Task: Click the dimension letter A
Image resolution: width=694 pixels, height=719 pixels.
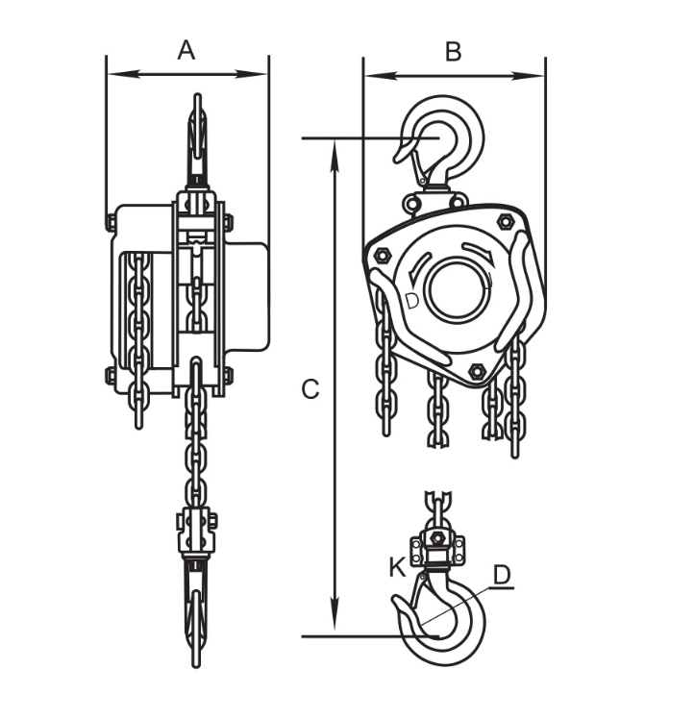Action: pos(186,50)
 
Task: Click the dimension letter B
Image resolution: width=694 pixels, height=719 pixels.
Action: pos(453,52)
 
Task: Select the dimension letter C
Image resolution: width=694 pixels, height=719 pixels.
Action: pos(310,389)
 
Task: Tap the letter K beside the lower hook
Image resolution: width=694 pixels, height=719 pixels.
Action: pos(397,567)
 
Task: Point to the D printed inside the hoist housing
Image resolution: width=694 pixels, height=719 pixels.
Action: pos(412,301)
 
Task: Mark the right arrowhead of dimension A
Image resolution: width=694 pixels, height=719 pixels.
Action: pos(252,73)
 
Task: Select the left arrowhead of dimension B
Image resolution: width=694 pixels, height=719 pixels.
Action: pos(381,76)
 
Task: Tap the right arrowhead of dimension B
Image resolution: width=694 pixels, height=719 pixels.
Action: pos(529,76)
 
